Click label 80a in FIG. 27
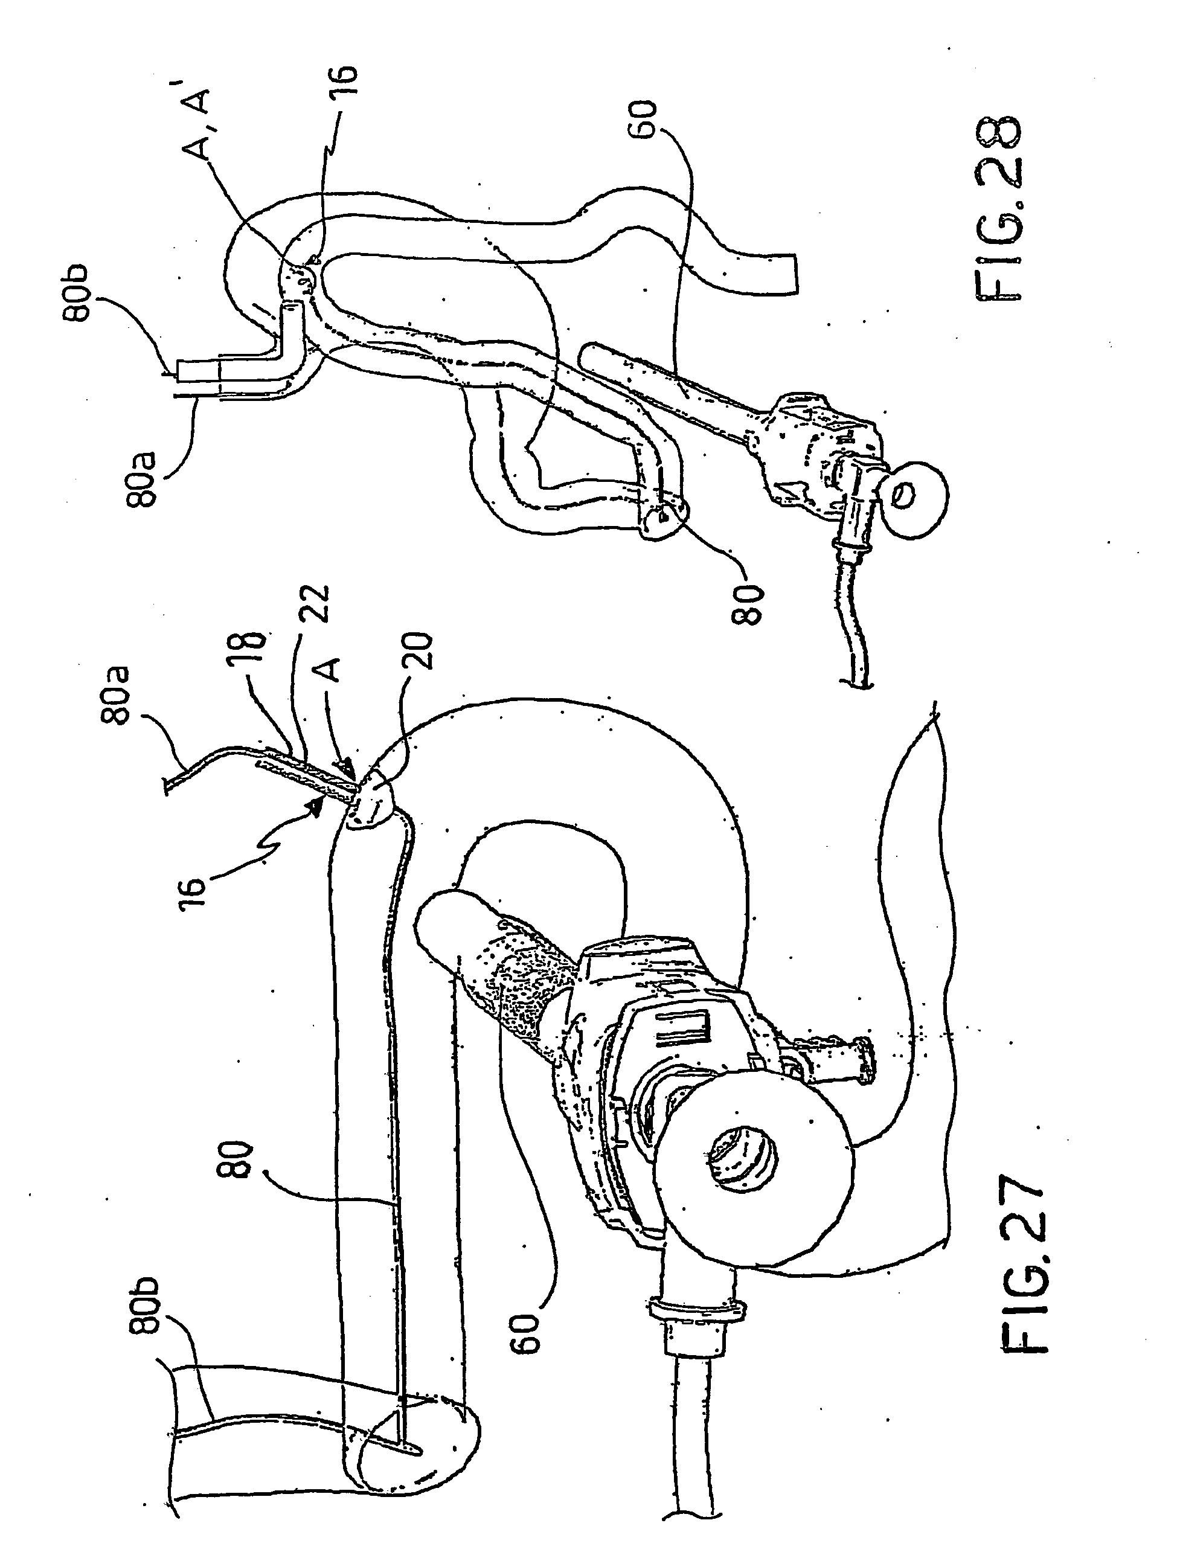point(120,695)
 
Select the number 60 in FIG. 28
point(644,120)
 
